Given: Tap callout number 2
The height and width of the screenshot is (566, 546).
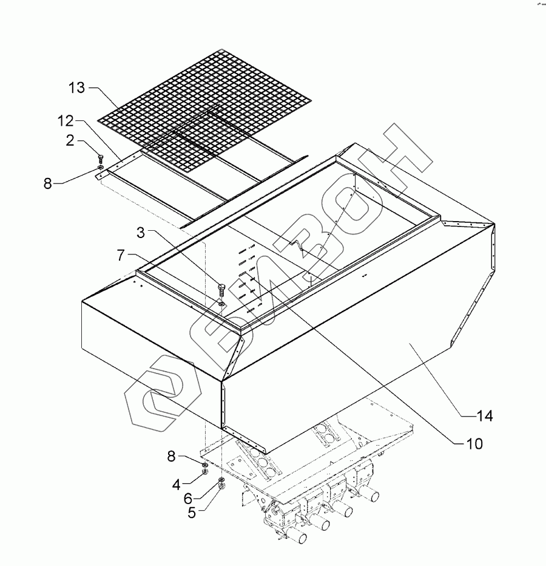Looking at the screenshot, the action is point(70,141).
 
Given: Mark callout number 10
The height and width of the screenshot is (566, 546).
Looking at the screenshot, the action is point(474,444).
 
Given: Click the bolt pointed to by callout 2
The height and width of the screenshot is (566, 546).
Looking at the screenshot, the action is point(99,159).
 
